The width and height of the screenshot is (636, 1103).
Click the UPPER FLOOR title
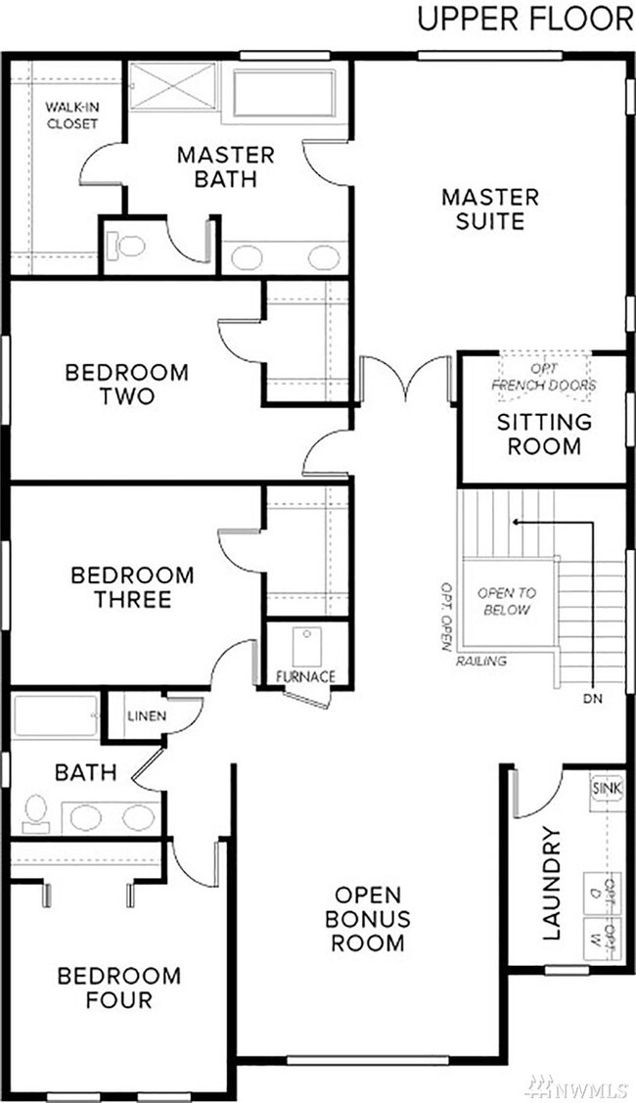click(x=524, y=20)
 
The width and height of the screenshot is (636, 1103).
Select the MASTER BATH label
click(x=225, y=166)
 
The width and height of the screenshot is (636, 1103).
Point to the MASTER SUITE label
click(x=489, y=208)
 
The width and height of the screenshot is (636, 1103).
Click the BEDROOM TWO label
click(x=126, y=385)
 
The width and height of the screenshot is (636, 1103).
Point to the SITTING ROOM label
click(x=544, y=435)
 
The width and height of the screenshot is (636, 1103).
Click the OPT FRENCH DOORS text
click(x=543, y=377)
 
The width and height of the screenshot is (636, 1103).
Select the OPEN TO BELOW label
click(x=505, y=601)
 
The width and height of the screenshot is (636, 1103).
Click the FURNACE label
click(x=305, y=676)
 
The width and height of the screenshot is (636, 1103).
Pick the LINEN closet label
click(x=146, y=716)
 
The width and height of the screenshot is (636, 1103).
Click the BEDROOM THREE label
click(x=132, y=587)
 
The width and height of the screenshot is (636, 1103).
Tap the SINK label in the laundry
click(x=603, y=787)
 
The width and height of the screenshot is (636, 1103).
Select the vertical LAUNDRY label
click(x=552, y=884)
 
